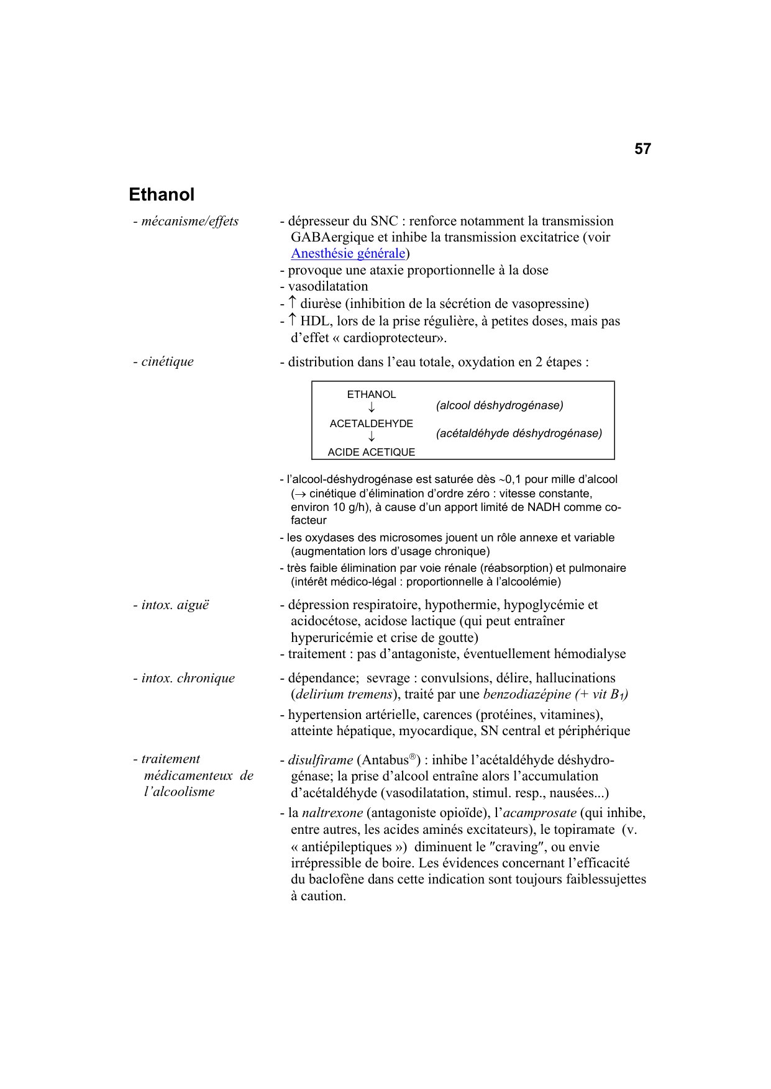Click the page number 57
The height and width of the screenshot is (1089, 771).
[x=642, y=149]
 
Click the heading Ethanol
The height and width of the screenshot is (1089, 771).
[x=162, y=195]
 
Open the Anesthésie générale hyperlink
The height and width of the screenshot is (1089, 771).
[x=348, y=253]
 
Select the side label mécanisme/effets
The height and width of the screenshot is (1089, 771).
[x=189, y=221]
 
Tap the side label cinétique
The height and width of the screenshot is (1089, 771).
[x=167, y=361]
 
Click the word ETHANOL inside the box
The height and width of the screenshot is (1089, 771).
[x=371, y=394]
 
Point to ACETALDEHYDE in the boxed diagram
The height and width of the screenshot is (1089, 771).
[x=371, y=423]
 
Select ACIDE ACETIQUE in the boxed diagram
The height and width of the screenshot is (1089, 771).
[x=371, y=452]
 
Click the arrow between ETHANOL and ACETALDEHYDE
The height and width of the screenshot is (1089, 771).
[x=372, y=408]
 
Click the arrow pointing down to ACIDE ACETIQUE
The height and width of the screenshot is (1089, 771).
[x=372, y=437]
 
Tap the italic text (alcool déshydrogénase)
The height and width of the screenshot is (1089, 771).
[x=500, y=405]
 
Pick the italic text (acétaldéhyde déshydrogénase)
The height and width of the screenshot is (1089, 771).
[x=519, y=433]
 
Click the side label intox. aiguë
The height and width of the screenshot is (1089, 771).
[x=175, y=605]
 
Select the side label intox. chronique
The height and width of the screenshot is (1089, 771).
[x=188, y=678]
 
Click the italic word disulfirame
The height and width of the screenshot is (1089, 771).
[x=321, y=760]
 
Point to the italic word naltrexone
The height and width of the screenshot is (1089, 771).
[x=332, y=813]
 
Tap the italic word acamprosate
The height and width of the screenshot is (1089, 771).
[x=539, y=813]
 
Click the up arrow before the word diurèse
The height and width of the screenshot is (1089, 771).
[x=293, y=303]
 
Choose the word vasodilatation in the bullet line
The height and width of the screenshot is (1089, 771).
[x=328, y=286]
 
